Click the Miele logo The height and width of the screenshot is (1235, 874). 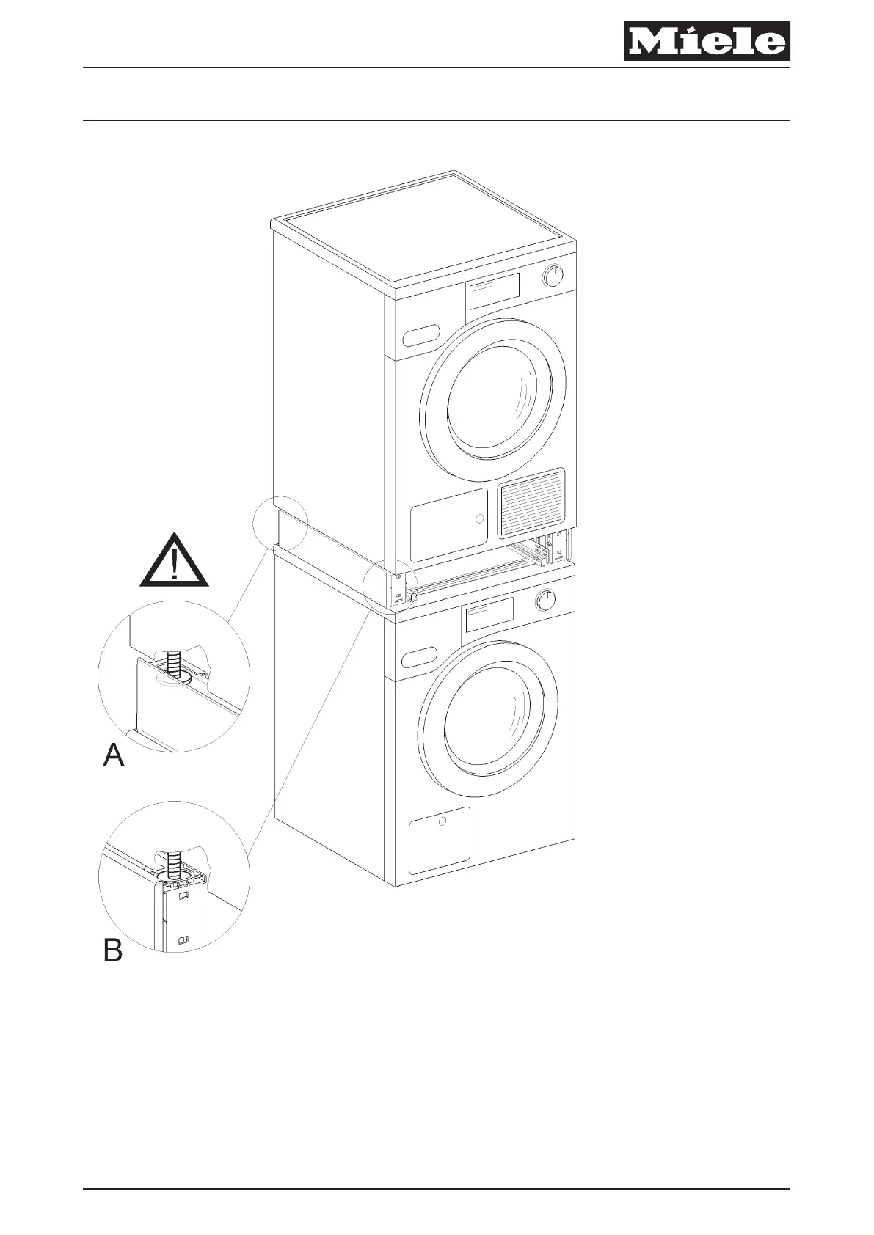(x=707, y=41)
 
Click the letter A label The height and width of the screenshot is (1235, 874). (x=114, y=755)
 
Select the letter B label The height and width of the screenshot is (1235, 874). (x=112, y=951)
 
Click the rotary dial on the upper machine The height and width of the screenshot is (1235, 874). (x=553, y=276)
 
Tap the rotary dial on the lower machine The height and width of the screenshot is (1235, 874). (x=545, y=601)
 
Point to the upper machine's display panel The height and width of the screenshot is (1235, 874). (x=493, y=291)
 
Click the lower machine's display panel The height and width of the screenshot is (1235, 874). (x=487, y=615)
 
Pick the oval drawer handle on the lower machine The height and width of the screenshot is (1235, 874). (x=419, y=657)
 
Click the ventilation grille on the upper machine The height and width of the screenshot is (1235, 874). (x=531, y=502)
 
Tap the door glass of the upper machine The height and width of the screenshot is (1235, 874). (x=499, y=400)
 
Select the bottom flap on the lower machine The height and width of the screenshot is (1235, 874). (x=439, y=840)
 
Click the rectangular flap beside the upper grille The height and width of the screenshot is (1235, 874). (x=448, y=524)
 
